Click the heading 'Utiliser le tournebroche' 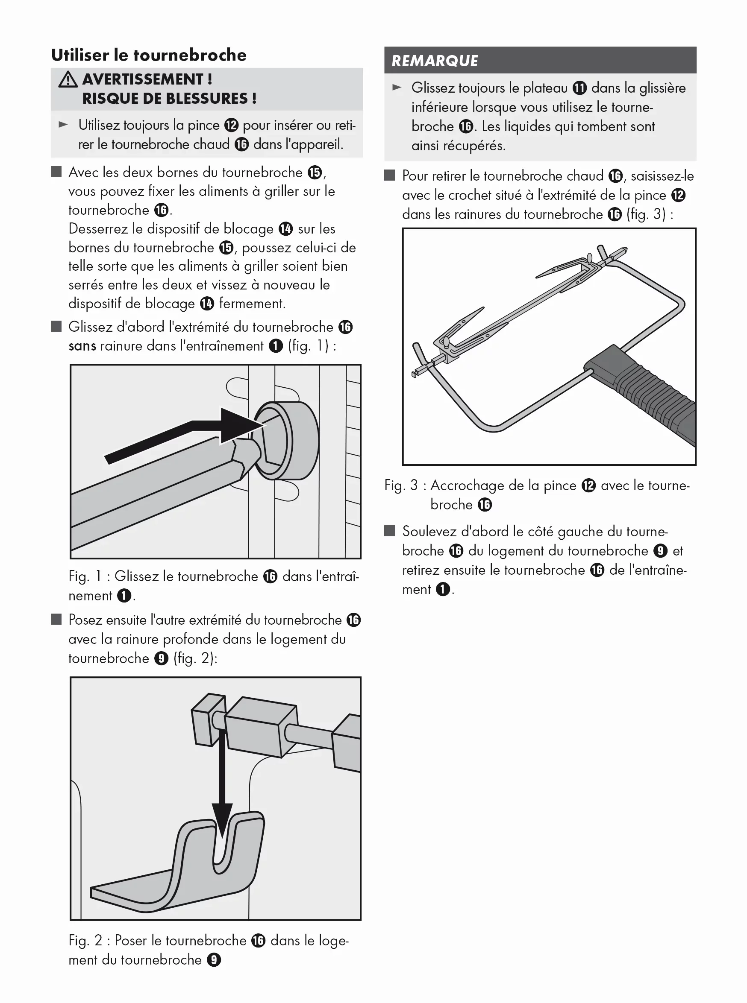pyautogui.click(x=149, y=55)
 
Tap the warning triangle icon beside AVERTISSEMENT pyautogui.click(x=68, y=79)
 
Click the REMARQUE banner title pyautogui.click(x=435, y=61)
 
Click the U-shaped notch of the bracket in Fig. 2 pyautogui.click(x=221, y=849)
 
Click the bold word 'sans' pyautogui.click(x=82, y=347)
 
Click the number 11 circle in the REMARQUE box pyautogui.click(x=579, y=88)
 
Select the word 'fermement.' pyautogui.click(x=252, y=304)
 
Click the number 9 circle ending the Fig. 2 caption pyautogui.click(x=213, y=960)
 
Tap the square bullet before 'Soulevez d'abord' pyautogui.click(x=389, y=531)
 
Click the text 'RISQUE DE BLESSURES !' pyautogui.click(x=169, y=99)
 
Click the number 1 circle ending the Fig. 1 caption pyautogui.click(x=124, y=596)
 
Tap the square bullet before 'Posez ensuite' pyautogui.click(x=56, y=620)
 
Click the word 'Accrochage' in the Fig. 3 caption pyautogui.click(x=467, y=485)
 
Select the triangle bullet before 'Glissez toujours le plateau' pyautogui.click(x=397, y=88)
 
